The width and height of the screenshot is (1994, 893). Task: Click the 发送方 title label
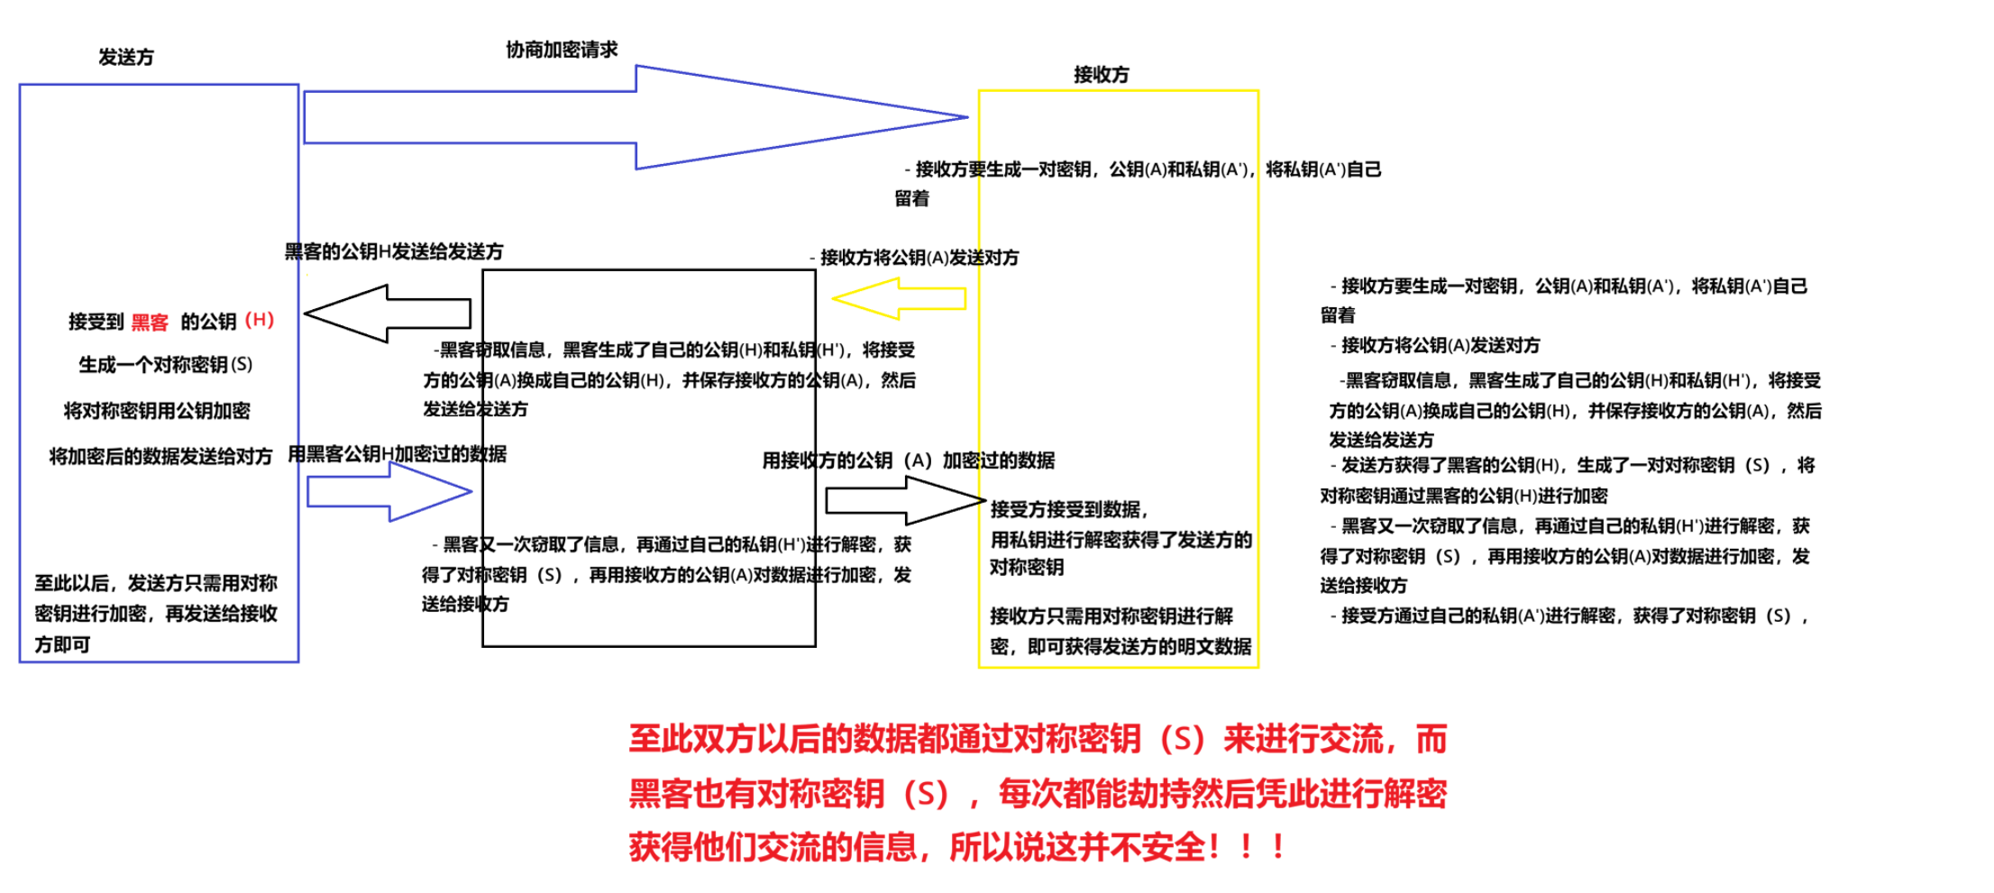(x=126, y=58)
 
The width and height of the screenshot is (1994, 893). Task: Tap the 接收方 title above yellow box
(x=1101, y=75)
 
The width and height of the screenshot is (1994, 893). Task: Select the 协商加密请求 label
(x=562, y=50)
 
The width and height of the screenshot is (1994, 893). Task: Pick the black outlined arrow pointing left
(x=388, y=314)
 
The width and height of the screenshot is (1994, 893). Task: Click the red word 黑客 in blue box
(x=150, y=323)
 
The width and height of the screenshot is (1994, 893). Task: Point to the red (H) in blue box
(x=260, y=320)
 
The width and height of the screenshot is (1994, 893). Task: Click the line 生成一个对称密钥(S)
(x=165, y=365)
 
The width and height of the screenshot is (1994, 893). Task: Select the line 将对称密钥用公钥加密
(x=157, y=411)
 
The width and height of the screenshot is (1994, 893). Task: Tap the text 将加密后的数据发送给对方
(x=160, y=457)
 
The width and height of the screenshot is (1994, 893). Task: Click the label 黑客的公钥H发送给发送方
(x=394, y=251)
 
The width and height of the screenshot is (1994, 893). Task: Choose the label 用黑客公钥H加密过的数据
(x=397, y=454)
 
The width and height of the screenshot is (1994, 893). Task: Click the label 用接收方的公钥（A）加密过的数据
(x=908, y=460)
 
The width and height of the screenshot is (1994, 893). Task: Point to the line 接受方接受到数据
(x=1068, y=510)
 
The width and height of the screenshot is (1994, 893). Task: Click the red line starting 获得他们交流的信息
(x=956, y=847)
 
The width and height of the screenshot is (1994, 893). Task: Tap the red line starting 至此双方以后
(x=1037, y=739)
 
